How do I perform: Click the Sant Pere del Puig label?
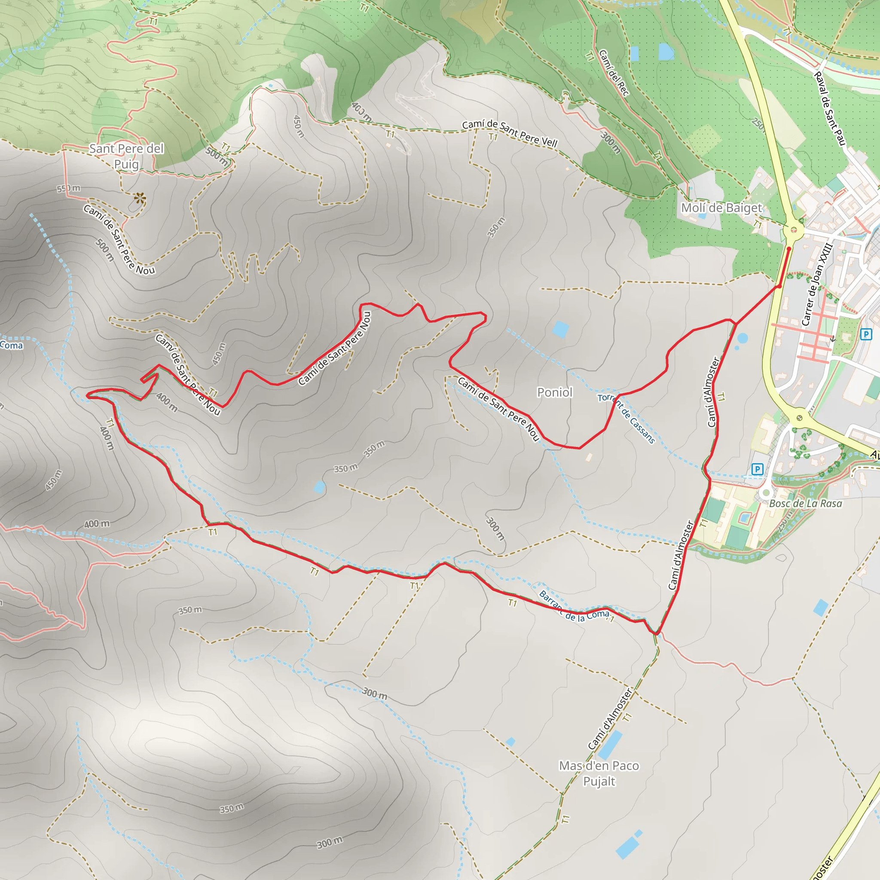[126, 156]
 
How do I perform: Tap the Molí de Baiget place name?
[721, 208]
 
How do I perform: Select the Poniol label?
[554, 392]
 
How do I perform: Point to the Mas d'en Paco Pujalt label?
[599, 773]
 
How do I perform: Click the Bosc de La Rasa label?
[805, 503]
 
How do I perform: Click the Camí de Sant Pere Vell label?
[510, 133]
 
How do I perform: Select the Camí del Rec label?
[614, 73]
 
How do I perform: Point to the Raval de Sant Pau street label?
[829, 109]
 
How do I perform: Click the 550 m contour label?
[68, 188]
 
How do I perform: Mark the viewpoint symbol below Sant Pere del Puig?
[139, 198]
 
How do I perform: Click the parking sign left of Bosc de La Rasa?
[757, 469]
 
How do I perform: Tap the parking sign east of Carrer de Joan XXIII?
[865, 334]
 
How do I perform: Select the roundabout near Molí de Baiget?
[794, 229]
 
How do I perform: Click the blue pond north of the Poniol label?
[560, 329]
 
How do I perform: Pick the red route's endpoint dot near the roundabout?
[789, 249]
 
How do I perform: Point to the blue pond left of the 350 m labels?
[319, 487]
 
